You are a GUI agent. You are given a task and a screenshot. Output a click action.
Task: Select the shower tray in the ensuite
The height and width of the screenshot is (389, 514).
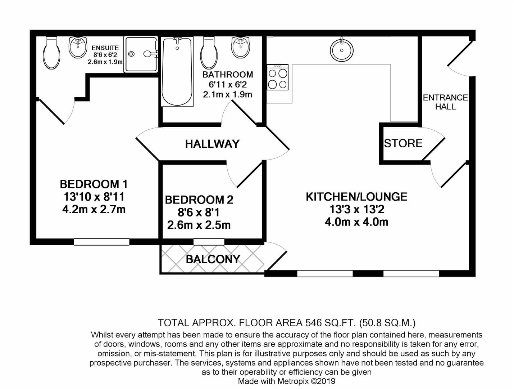click(140, 54)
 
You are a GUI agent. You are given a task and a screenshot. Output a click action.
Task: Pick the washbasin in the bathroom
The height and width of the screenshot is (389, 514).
click(241, 47)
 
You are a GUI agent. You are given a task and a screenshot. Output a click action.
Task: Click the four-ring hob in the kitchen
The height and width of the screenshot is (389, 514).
click(278, 77)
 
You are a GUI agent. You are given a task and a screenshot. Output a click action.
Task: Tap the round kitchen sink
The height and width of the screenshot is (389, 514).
click(341, 50)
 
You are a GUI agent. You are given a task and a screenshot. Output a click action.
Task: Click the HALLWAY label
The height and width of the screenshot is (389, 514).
click(212, 144)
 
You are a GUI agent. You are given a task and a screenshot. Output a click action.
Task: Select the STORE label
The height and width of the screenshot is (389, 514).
click(403, 143)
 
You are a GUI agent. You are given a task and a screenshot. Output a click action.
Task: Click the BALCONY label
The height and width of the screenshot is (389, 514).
click(213, 259)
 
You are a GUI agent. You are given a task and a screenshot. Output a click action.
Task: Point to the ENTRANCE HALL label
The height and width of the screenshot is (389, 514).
click(445, 102)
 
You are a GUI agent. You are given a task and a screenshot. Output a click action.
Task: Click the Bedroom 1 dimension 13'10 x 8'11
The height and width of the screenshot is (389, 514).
click(94, 197)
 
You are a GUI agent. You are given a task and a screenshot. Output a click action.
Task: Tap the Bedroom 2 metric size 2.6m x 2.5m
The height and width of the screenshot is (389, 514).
click(199, 225)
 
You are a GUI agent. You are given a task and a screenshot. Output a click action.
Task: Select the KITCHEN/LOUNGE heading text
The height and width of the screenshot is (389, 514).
click(356, 197)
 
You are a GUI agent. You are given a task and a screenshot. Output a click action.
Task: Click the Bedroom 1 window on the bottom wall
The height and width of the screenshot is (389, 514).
click(101, 242)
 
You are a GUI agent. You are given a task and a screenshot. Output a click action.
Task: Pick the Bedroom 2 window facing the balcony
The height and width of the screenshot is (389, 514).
click(209, 242)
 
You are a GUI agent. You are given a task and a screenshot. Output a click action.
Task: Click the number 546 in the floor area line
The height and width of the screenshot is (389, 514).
click(313, 322)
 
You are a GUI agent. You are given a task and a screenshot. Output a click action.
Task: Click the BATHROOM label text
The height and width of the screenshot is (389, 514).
click(228, 75)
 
